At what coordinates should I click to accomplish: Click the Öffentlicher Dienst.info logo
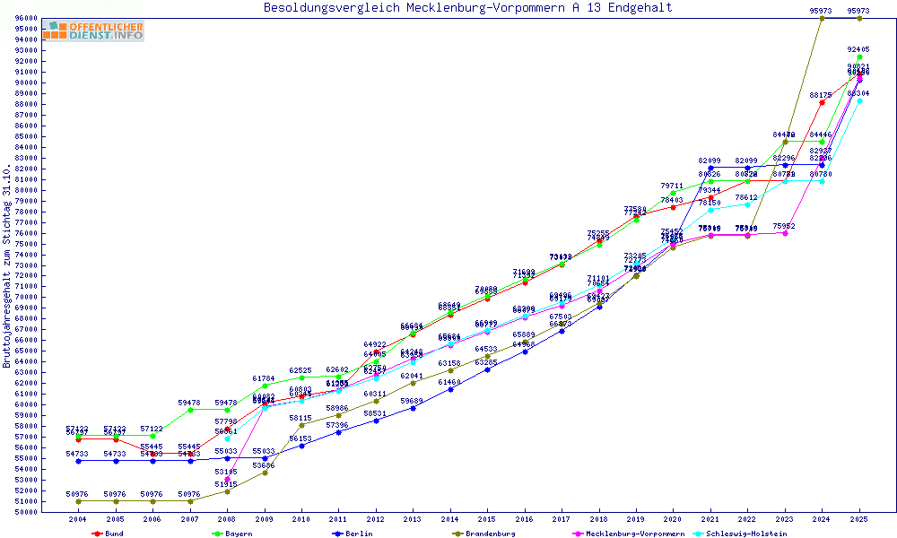point(92,30)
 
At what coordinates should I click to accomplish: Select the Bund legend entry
point(109,534)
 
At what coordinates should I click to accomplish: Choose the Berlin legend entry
point(351,534)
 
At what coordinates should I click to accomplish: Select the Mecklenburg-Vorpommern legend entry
point(629,534)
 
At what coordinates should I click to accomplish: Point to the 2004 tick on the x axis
point(78,519)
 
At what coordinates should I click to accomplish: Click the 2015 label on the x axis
point(487,519)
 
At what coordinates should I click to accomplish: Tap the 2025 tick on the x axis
point(859,519)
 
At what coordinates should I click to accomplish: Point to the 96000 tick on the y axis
point(26,18)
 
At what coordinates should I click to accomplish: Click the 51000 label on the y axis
point(26,501)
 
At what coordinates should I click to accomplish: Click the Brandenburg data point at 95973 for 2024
point(822,18)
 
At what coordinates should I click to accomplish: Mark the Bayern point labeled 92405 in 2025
point(859,56)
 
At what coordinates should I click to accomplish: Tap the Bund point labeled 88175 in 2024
point(822,102)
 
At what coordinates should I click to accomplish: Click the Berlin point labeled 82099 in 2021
point(710,168)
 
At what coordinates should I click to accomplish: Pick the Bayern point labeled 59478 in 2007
point(190,410)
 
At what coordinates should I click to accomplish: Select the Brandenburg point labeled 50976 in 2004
point(79,501)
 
